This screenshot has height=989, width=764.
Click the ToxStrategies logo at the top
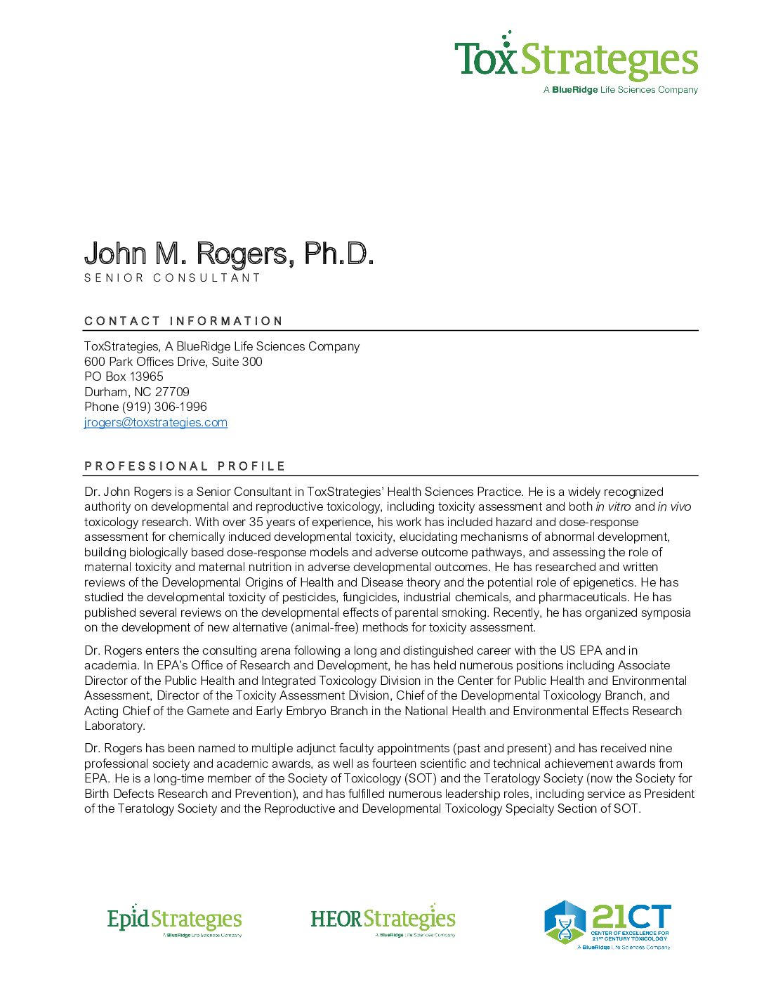tap(576, 59)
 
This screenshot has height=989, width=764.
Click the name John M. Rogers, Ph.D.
tap(228, 254)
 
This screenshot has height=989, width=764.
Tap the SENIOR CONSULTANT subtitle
tap(172, 278)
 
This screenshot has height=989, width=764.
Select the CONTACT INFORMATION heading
tap(183, 321)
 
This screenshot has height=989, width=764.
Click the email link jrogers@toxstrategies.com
tap(155, 422)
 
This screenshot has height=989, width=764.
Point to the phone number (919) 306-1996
tap(164, 407)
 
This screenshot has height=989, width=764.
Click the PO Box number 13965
tap(146, 376)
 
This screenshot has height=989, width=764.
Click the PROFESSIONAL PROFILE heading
tap(185, 466)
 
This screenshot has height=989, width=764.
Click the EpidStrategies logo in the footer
tap(174, 920)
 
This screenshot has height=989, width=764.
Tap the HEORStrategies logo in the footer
tap(383, 920)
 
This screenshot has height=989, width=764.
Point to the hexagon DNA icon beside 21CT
tap(565, 922)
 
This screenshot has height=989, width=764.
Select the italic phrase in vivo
tap(674, 506)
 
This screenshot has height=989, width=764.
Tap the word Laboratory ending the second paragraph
tap(114, 726)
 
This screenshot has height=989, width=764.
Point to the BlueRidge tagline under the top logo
tap(621, 90)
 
